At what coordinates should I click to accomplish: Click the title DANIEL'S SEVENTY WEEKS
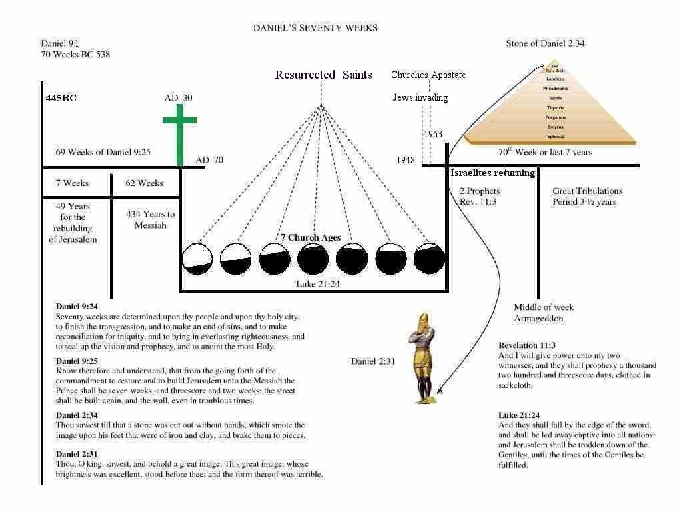click(x=315, y=28)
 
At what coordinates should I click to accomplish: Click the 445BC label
click(x=61, y=98)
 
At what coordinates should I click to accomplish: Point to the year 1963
click(x=433, y=134)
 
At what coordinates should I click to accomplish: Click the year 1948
click(x=405, y=160)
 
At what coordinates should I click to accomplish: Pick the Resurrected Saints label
click(x=323, y=75)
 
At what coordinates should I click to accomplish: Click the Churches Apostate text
click(x=428, y=75)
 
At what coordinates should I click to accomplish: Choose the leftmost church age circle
click(x=197, y=259)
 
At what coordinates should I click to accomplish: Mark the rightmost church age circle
click(x=429, y=259)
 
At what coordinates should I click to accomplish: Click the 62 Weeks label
click(x=145, y=183)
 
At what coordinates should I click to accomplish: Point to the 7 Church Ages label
click(x=310, y=237)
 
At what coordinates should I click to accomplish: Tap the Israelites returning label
click(x=493, y=173)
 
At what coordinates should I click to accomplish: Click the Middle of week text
click(x=543, y=307)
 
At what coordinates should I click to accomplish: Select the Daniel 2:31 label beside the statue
click(x=373, y=361)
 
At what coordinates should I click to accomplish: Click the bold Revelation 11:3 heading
click(x=527, y=345)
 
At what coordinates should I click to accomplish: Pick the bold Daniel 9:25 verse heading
click(x=77, y=361)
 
